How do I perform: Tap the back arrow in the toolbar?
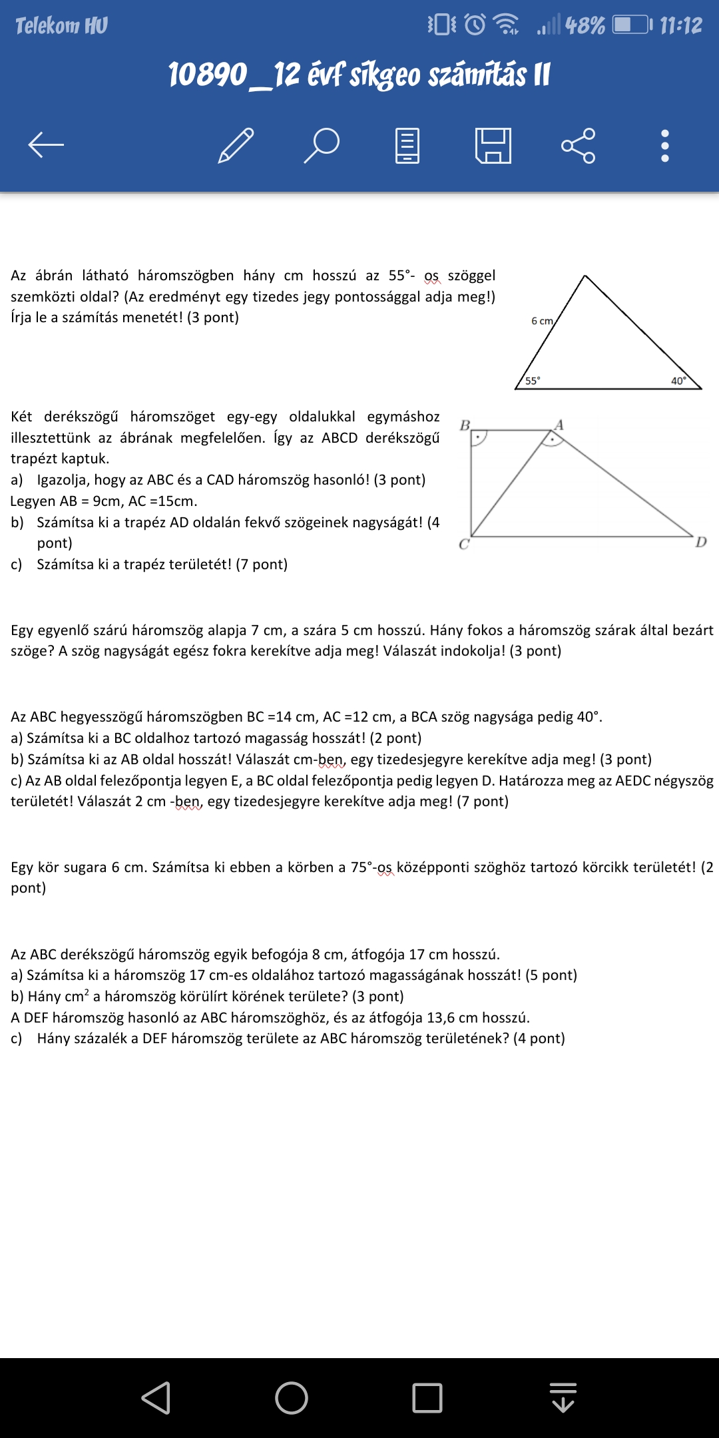(x=46, y=144)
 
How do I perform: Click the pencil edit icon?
(x=236, y=145)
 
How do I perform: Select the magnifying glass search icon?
(x=322, y=145)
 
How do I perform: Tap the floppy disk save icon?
(x=493, y=145)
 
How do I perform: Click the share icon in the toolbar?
(x=578, y=145)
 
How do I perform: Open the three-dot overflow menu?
(x=664, y=145)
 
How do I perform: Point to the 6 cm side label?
(x=542, y=321)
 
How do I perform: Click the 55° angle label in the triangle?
(x=533, y=381)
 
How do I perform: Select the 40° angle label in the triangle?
(x=678, y=381)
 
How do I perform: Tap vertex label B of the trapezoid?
(x=465, y=425)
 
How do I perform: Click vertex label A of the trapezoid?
(x=559, y=425)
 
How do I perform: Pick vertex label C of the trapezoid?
(x=464, y=545)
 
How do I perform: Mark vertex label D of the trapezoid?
(x=701, y=542)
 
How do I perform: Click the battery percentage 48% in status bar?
(x=585, y=26)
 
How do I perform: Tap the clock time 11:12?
(x=680, y=26)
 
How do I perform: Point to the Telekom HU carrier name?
(x=61, y=26)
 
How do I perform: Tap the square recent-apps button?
(x=427, y=1397)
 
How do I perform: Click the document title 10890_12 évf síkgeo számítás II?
(x=359, y=75)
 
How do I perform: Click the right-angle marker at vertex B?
(x=479, y=438)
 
